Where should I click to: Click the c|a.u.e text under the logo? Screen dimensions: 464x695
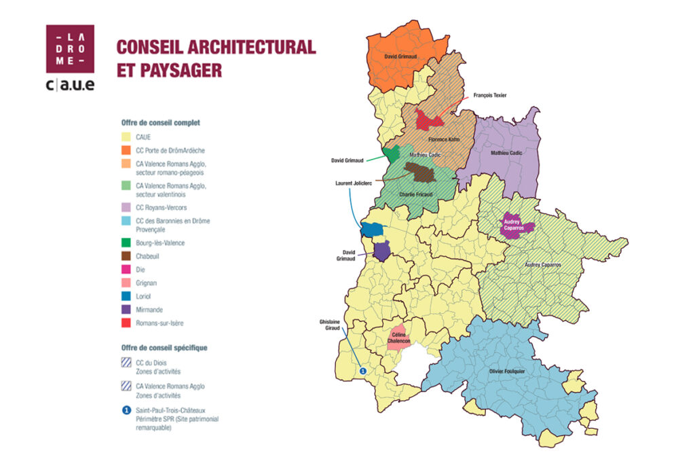coord(70,84)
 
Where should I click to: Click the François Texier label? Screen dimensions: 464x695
coord(490,96)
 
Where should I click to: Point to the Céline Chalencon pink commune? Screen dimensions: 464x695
coord(398,338)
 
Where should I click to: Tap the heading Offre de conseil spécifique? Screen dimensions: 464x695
coord(164,347)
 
